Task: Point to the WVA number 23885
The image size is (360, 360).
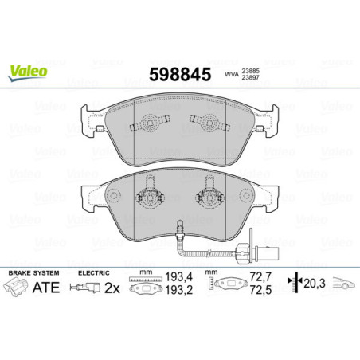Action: pyautogui.click(x=251, y=70)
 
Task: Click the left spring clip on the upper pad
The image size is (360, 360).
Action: pyautogui.click(x=148, y=123)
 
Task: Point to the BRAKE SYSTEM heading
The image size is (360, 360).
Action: pyautogui.click(x=31, y=273)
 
